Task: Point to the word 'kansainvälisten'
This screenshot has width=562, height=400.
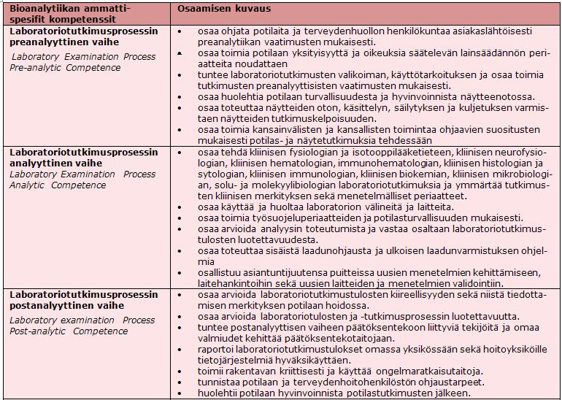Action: [x=284, y=130]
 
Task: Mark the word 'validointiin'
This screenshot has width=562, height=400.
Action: [x=476, y=284]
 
